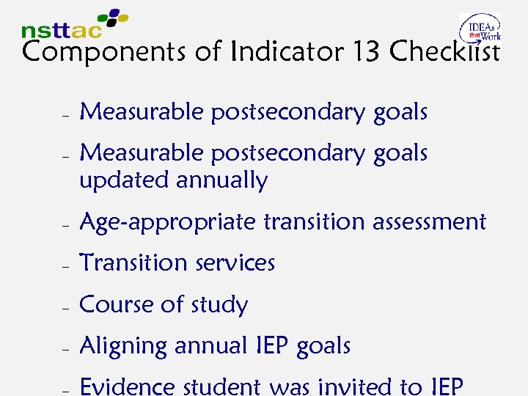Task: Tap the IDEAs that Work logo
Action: (x=480, y=29)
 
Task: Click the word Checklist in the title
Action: (x=445, y=52)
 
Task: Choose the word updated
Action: (x=122, y=181)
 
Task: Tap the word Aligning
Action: (x=123, y=346)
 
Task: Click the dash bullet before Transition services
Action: (x=65, y=265)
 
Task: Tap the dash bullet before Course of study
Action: (x=65, y=307)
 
